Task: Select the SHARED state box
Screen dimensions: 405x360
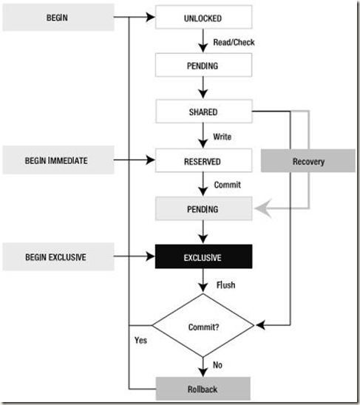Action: click(x=203, y=112)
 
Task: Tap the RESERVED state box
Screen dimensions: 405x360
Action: click(x=203, y=160)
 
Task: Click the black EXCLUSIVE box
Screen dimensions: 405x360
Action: click(x=203, y=257)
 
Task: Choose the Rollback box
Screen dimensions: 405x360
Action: click(x=203, y=387)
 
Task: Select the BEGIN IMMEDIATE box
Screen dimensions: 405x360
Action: click(x=58, y=160)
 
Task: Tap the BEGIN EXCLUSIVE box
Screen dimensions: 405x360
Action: click(x=58, y=257)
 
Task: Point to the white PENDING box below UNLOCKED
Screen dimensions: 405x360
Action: click(x=203, y=64)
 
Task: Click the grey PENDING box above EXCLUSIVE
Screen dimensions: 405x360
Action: click(x=203, y=209)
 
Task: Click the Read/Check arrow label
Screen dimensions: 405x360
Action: click(x=234, y=41)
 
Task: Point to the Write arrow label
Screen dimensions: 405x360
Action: click(x=223, y=137)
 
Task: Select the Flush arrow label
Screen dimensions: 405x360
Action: click(x=225, y=284)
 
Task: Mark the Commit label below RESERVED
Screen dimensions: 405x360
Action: click(x=226, y=185)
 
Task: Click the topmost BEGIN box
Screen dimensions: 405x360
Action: click(x=58, y=16)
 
